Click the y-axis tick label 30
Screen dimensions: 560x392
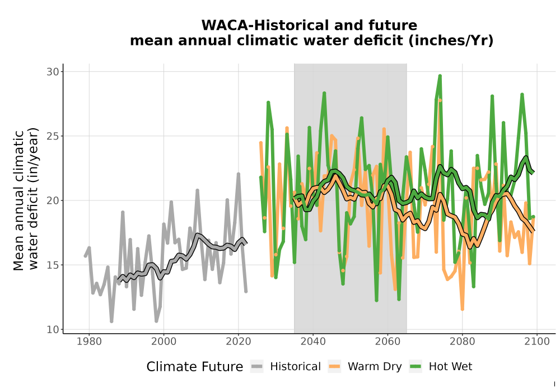[x=53, y=72]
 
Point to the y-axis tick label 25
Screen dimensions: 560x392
[x=53, y=137]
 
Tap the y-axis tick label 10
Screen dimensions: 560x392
[x=53, y=329]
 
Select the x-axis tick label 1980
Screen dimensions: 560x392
[x=89, y=342]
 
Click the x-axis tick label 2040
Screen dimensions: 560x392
[x=313, y=342]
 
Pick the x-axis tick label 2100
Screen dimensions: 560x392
[x=537, y=342]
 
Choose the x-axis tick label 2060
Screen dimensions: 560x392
[x=388, y=342]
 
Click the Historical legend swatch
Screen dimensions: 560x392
[x=257, y=367]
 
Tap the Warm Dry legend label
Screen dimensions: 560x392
[x=375, y=367]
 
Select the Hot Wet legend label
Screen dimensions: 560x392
[x=450, y=367]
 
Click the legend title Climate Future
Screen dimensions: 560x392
[x=195, y=367]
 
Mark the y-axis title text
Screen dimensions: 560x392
[x=26, y=199]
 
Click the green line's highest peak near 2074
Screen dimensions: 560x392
[x=440, y=76]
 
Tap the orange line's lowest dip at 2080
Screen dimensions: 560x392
[x=462, y=309]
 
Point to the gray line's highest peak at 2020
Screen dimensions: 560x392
[x=239, y=174]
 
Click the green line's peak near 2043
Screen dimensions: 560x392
[x=324, y=93]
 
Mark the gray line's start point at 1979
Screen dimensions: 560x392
[x=86, y=255]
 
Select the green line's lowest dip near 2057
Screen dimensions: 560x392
[x=376, y=300]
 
